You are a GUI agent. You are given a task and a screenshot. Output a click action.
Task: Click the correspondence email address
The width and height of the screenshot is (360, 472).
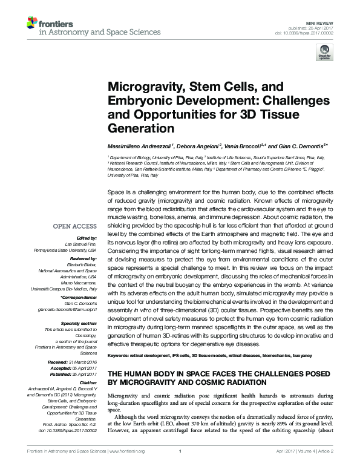(x=67, y=308)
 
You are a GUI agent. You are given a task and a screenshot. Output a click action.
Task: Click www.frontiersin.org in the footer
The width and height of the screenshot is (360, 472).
(x=126, y=466)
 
